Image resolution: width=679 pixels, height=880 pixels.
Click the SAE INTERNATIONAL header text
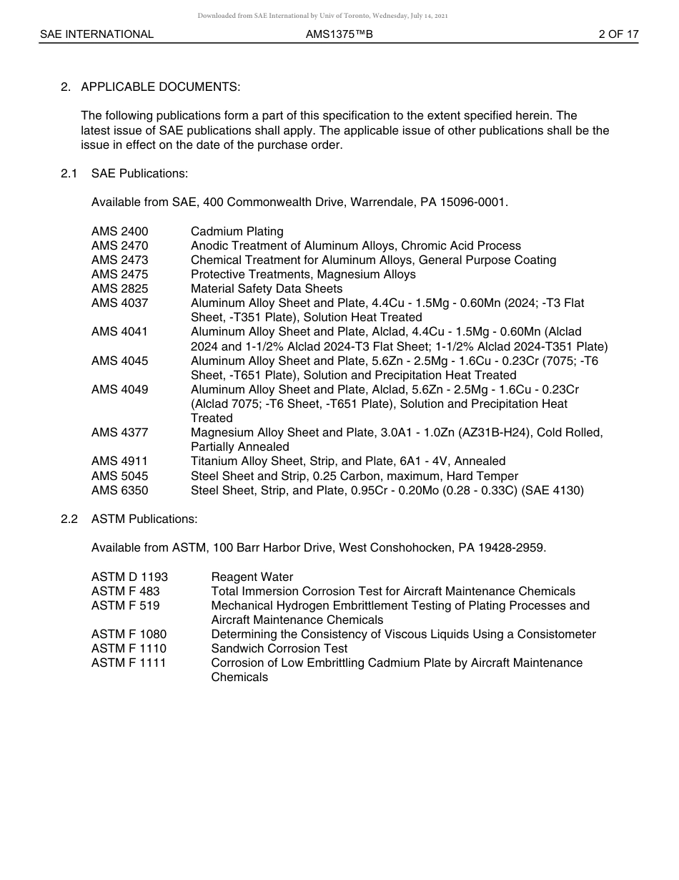point(96,34)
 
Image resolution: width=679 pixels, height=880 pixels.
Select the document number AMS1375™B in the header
point(339,34)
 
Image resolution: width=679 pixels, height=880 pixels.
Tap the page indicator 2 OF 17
point(618,34)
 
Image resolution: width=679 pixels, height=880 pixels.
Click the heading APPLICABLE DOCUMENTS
point(160,87)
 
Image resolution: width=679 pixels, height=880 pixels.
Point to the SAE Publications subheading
point(139,173)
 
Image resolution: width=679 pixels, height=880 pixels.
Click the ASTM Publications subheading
point(144,519)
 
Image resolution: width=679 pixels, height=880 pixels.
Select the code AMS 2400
point(119,231)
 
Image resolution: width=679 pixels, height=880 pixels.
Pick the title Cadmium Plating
point(237,231)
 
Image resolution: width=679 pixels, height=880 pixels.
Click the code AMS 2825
point(119,288)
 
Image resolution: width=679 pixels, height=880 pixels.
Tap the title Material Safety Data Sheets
point(266,288)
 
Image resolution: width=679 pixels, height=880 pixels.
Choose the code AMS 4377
point(119,432)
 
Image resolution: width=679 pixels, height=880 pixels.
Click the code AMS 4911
point(119,461)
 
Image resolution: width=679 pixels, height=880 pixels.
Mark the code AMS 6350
point(119,490)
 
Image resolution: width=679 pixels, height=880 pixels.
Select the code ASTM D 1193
point(129,577)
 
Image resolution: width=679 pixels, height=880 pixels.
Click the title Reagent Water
point(252,577)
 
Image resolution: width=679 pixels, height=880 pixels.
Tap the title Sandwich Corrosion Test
point(279,648)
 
